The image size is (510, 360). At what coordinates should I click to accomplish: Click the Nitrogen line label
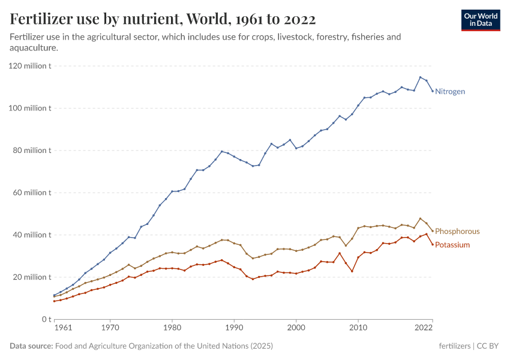click(450, 91)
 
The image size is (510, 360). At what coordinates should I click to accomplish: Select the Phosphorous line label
click(457, 231)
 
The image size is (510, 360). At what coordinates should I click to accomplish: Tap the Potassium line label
click(452, 245)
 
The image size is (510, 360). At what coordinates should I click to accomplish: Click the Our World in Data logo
click(481, 20)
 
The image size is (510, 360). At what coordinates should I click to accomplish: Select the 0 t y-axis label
click(46, 319)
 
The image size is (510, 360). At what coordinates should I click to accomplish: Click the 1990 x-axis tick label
click(234, 328)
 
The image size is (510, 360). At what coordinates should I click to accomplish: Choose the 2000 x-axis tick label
click(296, 328)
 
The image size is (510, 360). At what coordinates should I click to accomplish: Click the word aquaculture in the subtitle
click(34, 47)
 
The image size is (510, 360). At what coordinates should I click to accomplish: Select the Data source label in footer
click(31, 346)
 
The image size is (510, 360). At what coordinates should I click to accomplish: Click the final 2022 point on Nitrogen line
click(433, 91)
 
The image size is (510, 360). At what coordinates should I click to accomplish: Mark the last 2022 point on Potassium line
click(433, 244)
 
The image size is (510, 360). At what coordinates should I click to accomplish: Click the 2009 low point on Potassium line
click(352, 271)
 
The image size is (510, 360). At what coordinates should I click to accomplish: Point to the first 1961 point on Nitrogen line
click(54, 295)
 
